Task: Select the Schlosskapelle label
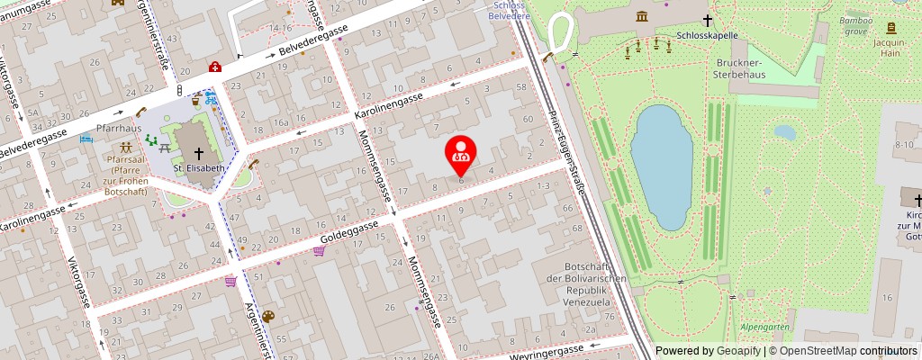707,37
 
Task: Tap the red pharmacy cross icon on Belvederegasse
215,67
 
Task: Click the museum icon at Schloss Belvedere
641,16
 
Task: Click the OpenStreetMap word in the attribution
818,351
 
